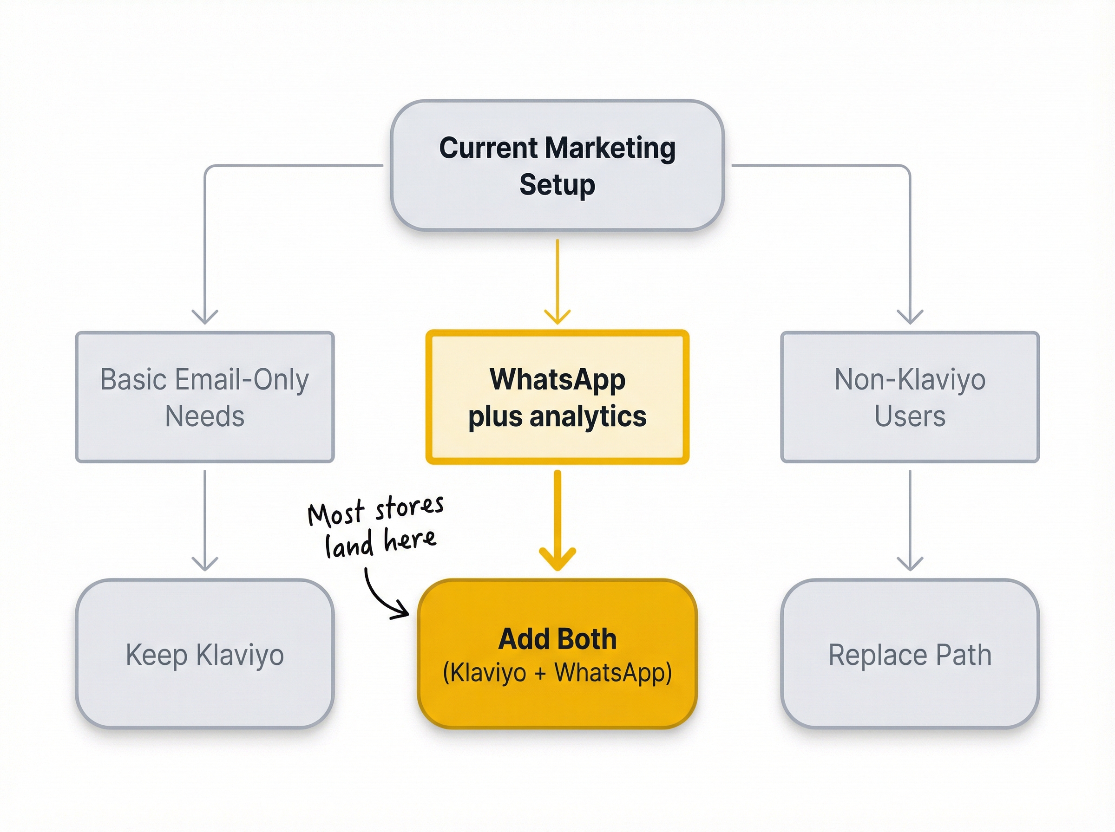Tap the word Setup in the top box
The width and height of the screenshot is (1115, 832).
(x=557, y=185)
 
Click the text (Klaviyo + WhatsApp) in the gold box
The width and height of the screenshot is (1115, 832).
(x=557, y=672)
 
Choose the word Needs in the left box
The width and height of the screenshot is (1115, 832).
(x=204, y=416)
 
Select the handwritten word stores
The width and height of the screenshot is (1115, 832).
(x=409, y=507)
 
